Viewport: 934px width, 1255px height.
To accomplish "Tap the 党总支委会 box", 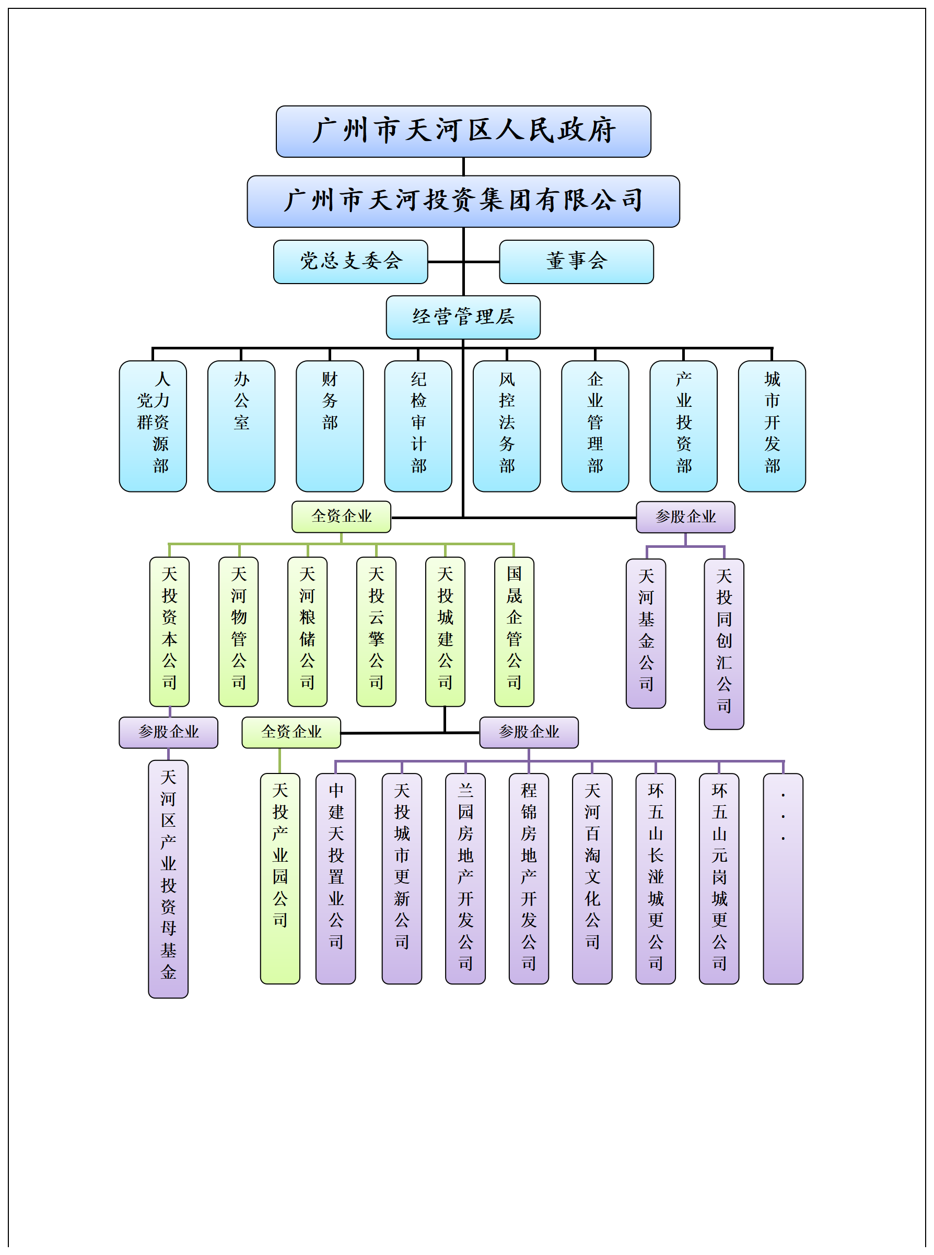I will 351,262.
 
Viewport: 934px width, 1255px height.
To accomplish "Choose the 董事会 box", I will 576,262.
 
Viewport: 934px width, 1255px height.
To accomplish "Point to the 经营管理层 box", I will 463,317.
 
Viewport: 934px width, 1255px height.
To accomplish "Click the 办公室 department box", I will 241,426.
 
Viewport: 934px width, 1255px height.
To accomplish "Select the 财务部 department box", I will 330,426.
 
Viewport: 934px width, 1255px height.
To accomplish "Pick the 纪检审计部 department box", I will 418,426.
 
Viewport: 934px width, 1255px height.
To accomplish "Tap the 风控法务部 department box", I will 507,426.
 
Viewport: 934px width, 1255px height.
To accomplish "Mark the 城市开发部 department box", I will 772,426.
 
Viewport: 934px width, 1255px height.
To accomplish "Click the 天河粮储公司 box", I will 307,631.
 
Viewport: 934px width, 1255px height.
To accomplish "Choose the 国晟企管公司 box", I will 514,631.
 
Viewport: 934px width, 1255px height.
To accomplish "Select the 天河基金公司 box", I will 646,633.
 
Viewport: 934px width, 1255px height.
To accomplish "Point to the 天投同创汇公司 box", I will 723,644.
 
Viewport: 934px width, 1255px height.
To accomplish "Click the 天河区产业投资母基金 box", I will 169,878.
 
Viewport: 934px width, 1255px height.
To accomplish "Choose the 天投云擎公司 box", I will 376,631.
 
